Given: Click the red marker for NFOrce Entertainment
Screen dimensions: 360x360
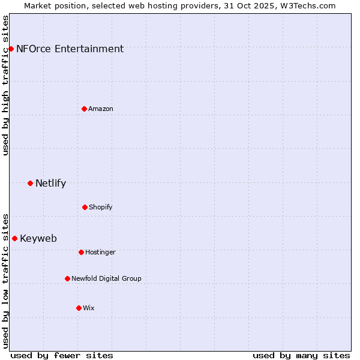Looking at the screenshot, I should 11,49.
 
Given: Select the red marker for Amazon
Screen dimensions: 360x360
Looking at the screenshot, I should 84,109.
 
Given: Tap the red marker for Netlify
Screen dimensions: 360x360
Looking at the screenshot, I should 30,183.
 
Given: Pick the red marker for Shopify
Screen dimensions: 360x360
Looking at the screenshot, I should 85,207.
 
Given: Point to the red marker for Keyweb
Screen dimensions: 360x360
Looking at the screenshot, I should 14,238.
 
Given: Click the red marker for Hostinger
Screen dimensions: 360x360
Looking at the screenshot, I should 81,252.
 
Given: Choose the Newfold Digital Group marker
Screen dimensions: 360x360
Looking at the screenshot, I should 67,278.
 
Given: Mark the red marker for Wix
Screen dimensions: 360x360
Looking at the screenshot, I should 79,308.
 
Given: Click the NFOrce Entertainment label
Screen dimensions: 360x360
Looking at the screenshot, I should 70,49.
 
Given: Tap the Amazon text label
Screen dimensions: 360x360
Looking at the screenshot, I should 100,109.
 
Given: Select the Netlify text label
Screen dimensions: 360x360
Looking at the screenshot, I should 50,184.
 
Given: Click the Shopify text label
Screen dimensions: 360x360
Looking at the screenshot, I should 100,207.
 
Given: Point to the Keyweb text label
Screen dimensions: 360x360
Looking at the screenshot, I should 38,239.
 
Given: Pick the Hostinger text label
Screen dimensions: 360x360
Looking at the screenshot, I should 100,252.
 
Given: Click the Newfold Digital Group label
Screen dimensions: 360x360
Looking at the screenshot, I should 106,278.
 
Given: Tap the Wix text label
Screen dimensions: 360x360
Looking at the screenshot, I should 88,308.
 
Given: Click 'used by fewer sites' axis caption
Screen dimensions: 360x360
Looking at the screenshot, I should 62,355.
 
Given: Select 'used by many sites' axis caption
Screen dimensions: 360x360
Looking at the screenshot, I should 301,355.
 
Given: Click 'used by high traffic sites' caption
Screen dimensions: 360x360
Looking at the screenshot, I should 5,85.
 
